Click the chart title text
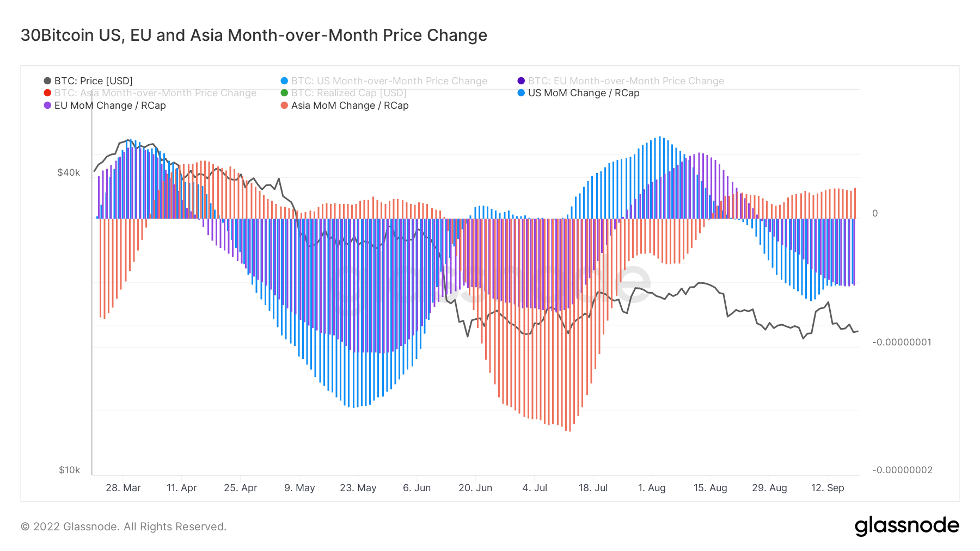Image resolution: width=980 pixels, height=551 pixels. click(x=254, y=35)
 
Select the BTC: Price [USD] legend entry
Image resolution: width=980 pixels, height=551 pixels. click(x=93, y=81)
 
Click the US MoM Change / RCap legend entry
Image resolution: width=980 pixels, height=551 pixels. click(x=583, y=93)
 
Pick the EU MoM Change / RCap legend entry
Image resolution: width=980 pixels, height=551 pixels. click(x=109, y=106)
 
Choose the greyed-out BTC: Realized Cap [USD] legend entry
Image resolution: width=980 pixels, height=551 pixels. click(x=348, y=93)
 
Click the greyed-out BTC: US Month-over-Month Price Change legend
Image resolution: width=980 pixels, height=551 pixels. click(x=389, y=81)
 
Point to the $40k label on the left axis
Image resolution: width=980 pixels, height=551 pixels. click(x=69, y=172)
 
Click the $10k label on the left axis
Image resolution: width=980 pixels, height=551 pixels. click(x=69, y=470)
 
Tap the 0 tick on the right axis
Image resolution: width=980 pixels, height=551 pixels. click(x=875, y=213)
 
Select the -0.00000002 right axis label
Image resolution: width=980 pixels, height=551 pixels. click(x=902, y=470)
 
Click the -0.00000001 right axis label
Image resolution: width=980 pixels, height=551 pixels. click(x=902, y=342)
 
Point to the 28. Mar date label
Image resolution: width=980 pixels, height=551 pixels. click(x=123, y=488)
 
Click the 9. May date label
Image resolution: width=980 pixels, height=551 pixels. click(x=299, y=488)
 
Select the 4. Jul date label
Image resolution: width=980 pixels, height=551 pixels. click(x=535, y=488)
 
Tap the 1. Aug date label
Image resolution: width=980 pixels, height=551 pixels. click(x=652, y=488)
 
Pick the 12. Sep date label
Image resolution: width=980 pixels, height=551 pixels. click(x=828, y=488)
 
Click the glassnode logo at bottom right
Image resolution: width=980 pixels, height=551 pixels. click(x=906, y=526)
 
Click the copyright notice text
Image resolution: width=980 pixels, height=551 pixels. click(x=124, y=527)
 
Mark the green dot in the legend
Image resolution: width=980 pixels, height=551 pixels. click(x=284, y=93)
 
